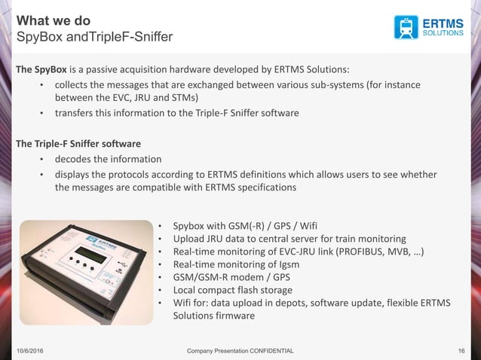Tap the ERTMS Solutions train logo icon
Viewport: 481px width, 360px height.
click(406, 26)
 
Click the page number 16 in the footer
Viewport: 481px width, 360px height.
click(461, 351)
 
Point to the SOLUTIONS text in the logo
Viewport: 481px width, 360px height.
click(443, 33)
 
